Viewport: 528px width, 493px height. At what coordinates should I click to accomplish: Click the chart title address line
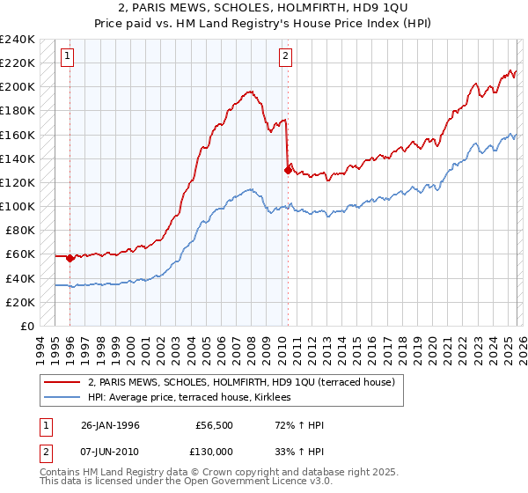pos(263,8)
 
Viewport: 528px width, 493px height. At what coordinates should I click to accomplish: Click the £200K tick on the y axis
pos(18,87)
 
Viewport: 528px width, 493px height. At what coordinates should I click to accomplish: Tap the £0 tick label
pos(26,326)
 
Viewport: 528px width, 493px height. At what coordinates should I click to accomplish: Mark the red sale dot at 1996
pos(70,258)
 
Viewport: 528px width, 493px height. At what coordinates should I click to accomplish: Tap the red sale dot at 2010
pos(288,170)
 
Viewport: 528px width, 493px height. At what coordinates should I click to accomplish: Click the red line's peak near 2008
pos(251,92)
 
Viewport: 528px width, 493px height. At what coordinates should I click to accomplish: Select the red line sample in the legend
pos(62,382)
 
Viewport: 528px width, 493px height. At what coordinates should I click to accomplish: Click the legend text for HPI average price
pos(194,398)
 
